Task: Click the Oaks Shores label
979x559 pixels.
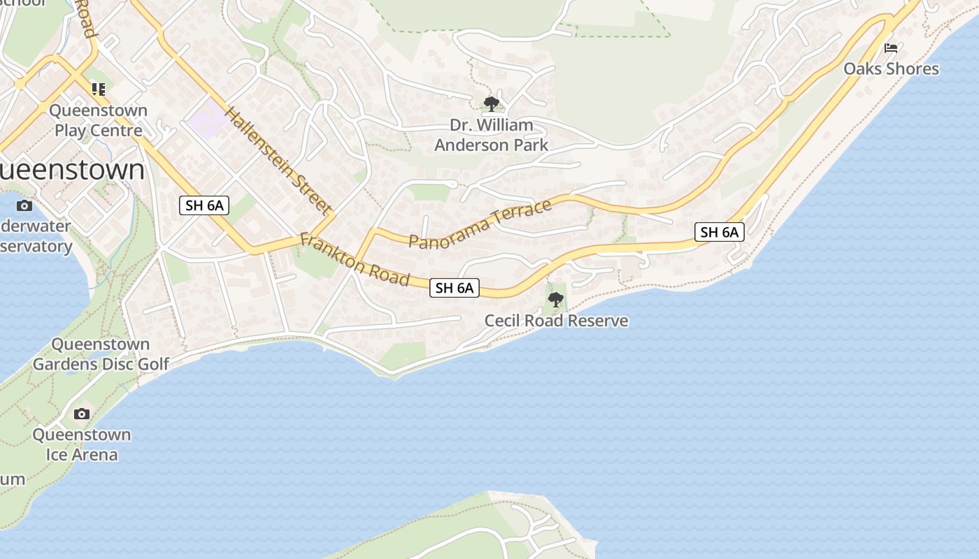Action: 891,68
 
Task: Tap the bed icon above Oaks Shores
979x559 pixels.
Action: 891,48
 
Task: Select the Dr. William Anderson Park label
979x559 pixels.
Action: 491,135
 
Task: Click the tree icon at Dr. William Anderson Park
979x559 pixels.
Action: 492,104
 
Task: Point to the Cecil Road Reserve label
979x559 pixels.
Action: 556,321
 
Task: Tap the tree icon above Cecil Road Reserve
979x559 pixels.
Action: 556,300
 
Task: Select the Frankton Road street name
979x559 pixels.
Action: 354,259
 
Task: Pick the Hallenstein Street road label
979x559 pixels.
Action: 278,160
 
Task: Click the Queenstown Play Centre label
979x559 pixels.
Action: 98,120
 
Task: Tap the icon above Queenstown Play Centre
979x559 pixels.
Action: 98,89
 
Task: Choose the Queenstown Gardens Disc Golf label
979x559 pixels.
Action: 101,354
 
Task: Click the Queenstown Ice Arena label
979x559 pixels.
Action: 82,444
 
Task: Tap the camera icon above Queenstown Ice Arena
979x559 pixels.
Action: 82,414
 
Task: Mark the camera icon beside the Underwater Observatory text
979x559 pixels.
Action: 24,205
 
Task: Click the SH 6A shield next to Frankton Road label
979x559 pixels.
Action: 455,287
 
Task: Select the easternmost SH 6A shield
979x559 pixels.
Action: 719,232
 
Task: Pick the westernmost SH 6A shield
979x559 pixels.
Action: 204,205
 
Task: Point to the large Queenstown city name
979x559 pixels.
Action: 70,170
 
